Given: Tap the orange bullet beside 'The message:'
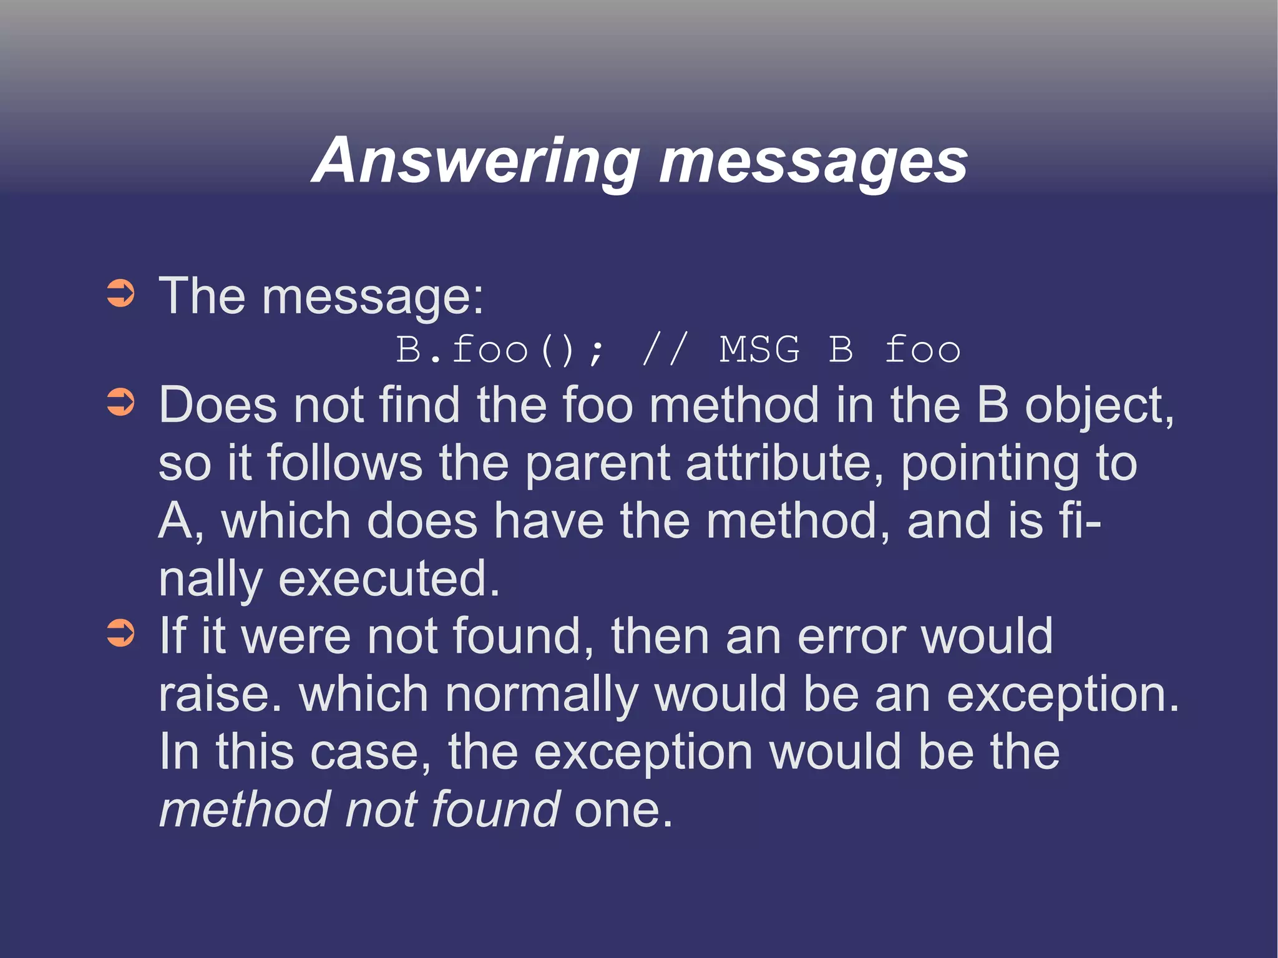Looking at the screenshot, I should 120,294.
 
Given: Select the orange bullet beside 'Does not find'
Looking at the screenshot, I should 120,403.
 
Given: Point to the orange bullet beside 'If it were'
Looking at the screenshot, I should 120,633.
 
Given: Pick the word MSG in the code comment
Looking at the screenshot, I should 759,349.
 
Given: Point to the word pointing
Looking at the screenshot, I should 990,465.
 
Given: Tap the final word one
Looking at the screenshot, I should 622,810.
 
